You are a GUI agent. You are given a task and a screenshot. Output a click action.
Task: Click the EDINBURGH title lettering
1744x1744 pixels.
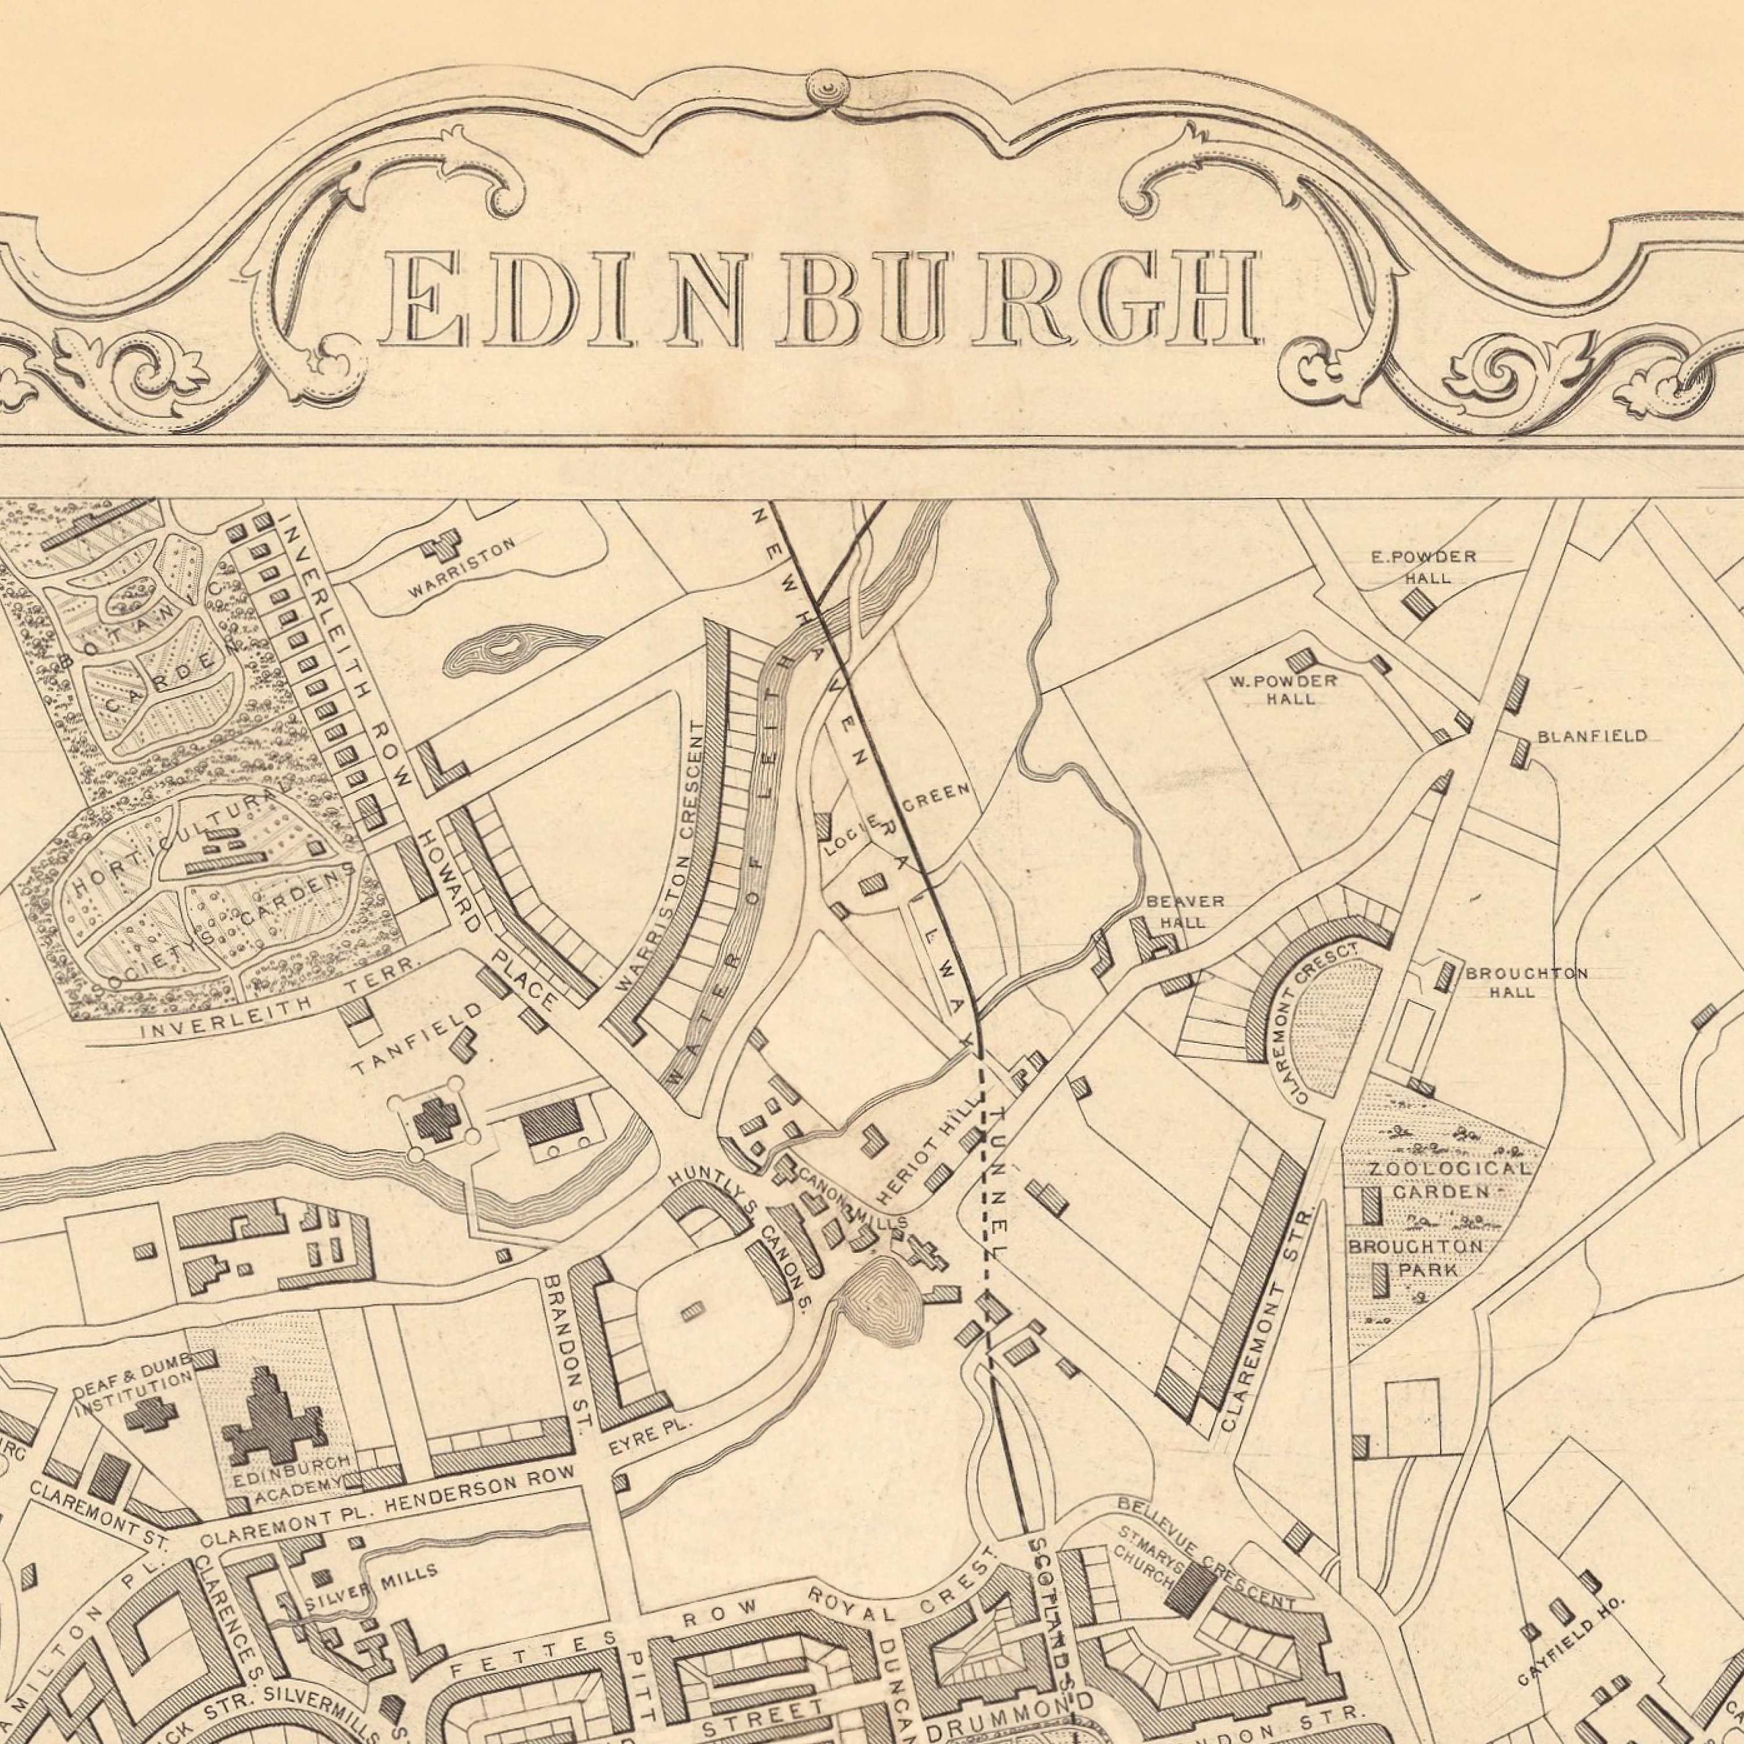(x=820, y=300)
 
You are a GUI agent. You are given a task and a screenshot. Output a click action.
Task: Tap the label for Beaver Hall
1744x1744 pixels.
(x=1184, y=912)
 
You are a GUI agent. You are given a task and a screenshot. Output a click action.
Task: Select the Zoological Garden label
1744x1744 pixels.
(x=1448, y=1180)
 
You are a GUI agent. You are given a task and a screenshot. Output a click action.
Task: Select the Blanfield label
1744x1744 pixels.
(x=1592, y=737)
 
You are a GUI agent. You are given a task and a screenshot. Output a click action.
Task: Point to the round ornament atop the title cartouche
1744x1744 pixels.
(x=827, y=88)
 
